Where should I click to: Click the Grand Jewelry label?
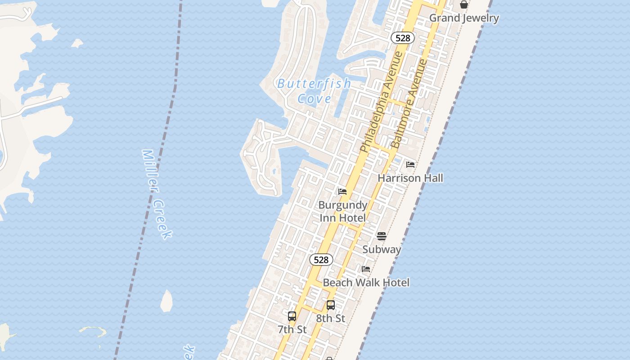[x=464, y=18]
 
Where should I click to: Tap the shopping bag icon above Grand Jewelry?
[x=464, y=4]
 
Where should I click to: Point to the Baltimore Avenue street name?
[x=409, y=103]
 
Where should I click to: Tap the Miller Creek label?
[x=157, y=194]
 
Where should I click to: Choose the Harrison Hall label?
[x=410, y=178]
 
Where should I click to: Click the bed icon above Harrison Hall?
[x=410, y=165]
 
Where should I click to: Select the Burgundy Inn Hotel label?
[x=343, y=211]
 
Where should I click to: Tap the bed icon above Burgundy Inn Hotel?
[x=342, y=192]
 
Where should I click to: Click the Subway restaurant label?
[x=382, y=249]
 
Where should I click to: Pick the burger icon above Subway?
[x=382, y=236]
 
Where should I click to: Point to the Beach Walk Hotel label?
[x=366, y=283]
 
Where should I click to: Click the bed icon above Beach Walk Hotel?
[x=366, y=269]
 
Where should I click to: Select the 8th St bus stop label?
[x=330, y=318]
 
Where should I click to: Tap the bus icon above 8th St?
[x=331, y=305]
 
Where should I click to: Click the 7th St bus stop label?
[x=292, y=329]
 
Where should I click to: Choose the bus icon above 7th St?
[x=292, y=316]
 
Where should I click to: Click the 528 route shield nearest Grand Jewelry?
[x=402, y=38]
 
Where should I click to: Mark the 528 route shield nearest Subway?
[x=321, y=260]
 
